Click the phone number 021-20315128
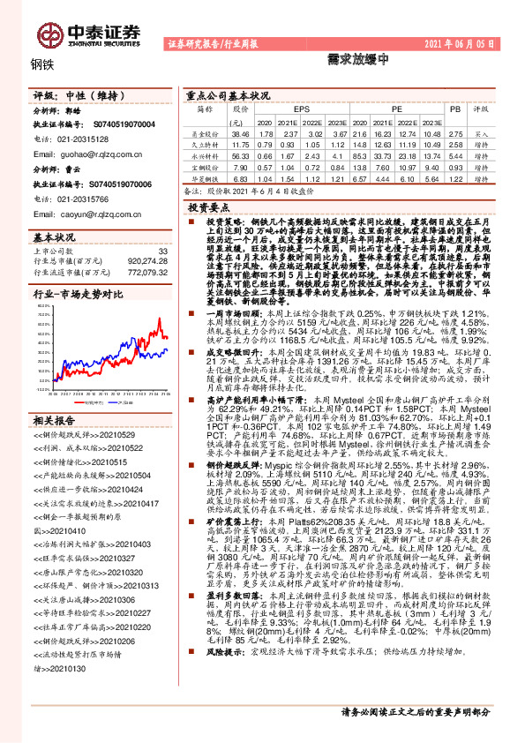point(78,138)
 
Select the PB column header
point(455,109)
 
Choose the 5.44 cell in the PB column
point(455,154)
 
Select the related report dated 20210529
point(78,460)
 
